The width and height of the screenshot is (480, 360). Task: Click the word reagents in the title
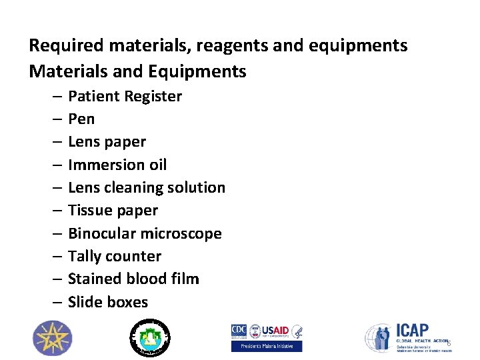click(208, 46)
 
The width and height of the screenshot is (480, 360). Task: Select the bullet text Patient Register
click(125, 97)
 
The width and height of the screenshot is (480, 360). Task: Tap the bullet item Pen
click(81, 119)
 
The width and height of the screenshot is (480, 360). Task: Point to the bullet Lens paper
click(107, 142)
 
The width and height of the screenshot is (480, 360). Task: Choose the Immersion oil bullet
click(117, 165)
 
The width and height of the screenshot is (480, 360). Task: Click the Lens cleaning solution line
click(147, 187)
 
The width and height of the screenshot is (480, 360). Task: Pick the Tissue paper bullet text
click(113, 211)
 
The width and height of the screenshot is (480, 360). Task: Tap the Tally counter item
click(115, 257)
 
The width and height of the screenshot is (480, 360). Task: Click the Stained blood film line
click(133, 279)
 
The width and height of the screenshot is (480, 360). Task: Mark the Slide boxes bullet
click(108, 302)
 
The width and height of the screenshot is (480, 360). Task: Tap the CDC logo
click(239, 331)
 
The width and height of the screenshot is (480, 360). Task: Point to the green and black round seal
click(149, 337)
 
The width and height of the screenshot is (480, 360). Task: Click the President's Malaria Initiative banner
click(267, 346)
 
